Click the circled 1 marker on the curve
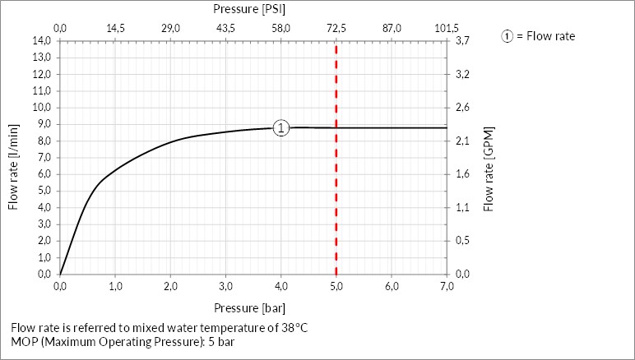281,128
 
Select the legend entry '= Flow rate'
545,36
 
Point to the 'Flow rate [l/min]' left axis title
13,167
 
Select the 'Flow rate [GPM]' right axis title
489,169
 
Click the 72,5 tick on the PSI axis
336,29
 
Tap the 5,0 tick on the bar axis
336,286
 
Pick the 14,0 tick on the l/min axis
42,40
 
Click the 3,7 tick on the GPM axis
461,40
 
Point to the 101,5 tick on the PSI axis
447,29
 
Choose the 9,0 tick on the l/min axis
42,124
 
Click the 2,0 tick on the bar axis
170,286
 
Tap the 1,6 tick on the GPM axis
461,174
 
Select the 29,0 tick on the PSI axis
170,29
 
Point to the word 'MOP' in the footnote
25,341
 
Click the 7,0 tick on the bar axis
447,286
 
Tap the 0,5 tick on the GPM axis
461,241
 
